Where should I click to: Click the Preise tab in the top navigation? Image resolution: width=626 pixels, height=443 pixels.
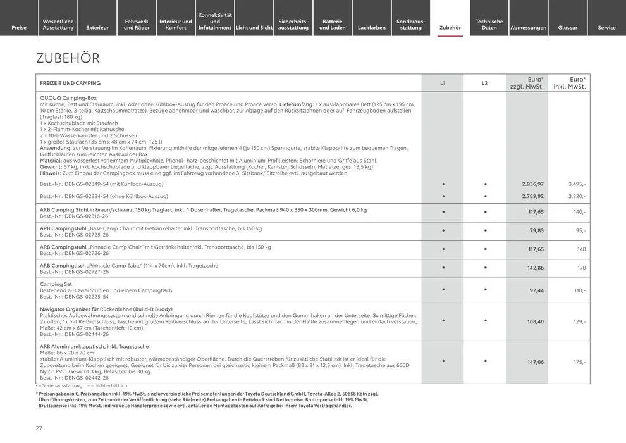coord(19,27)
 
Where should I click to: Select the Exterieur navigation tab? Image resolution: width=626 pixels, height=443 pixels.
coord(97,27)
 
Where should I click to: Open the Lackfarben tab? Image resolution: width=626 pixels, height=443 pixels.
coord(372,27)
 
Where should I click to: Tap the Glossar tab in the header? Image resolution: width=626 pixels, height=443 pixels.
coord(568,27)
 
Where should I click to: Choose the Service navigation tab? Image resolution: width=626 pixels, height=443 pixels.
coord(606,27)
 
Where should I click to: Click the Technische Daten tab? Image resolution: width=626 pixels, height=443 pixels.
coord(489,24)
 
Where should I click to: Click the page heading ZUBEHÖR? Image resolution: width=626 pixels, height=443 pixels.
coord(68,58)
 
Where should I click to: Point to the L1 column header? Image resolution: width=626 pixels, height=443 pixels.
coord(443,83)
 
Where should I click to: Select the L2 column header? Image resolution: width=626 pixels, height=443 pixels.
coord(485,83)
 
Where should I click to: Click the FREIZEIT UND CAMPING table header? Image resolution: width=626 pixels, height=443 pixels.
coord(70,83)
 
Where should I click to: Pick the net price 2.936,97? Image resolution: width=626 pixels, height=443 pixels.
coord(532,184)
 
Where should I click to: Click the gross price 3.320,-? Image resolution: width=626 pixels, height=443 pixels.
coord(577,196)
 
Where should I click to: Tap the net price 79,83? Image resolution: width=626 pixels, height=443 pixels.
coord(537,231)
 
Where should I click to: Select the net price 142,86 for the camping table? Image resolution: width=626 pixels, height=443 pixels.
coord(535,268)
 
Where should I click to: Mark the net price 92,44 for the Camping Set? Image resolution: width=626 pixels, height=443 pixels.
coord(537,290)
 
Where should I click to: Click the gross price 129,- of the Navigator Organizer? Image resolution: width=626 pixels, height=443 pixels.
coord(579,322)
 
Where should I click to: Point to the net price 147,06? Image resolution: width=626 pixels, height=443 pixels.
coord(535,362)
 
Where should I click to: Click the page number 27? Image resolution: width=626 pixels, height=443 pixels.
coord(39,428)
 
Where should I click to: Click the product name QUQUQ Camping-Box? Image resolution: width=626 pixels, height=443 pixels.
coord(68,98)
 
